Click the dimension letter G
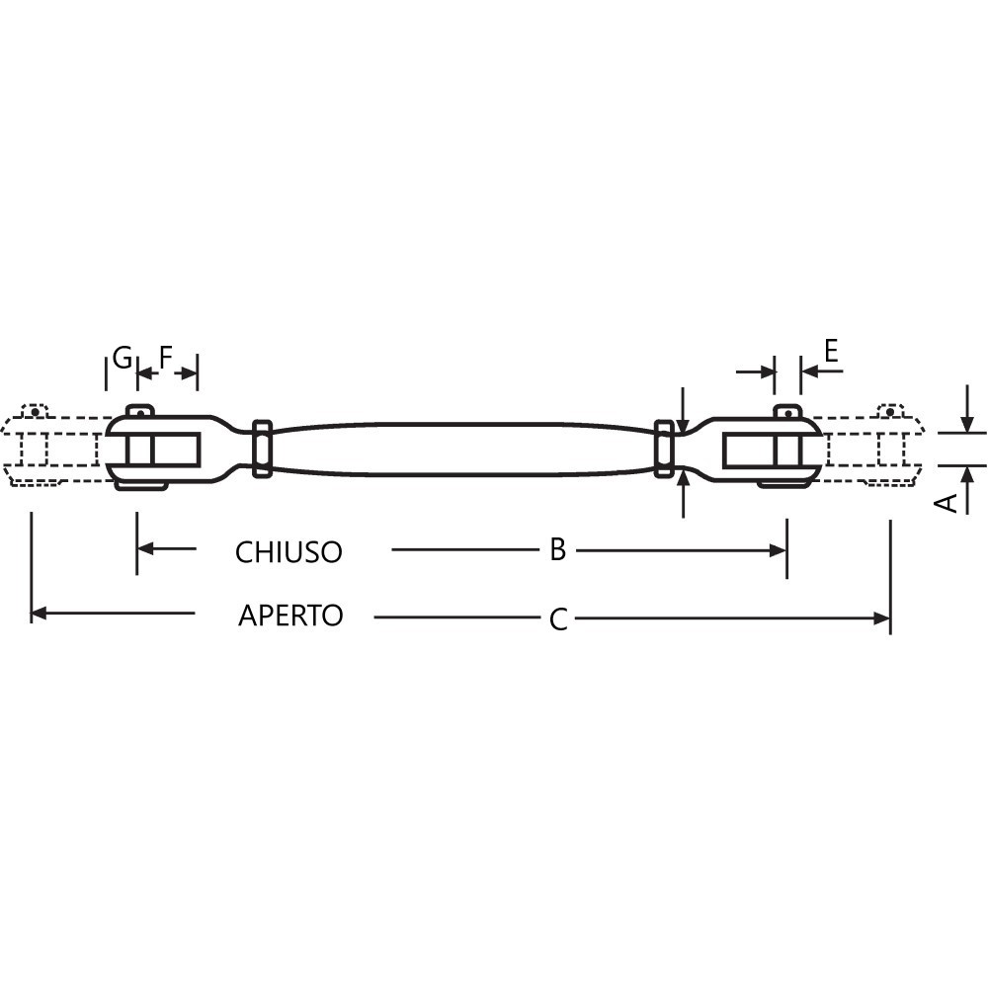(123, 358)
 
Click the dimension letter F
(165, 358)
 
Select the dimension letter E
(831, 351)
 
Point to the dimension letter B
(557, 549)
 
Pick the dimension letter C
(558, 619)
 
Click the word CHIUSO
(288, 552)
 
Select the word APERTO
(290, 615)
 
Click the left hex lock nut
(262, 448)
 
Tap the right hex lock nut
(664, 448)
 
